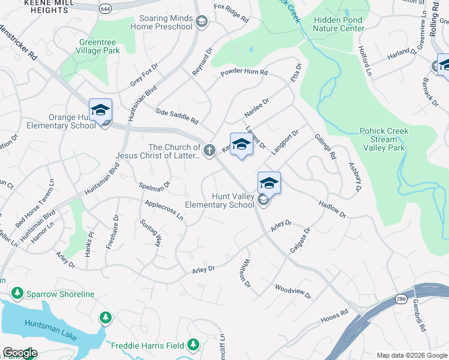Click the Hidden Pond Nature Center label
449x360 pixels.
[339, 24]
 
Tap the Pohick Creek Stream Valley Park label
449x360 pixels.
[384, 139]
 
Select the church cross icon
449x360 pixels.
[209, 151]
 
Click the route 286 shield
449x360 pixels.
[400, 298]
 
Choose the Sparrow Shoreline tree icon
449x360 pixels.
[18, 293]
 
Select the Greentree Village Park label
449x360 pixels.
[100, 46]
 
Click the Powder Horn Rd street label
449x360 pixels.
[244, 72]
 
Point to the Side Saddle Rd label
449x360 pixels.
[176, 116]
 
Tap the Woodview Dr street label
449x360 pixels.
[294, 292]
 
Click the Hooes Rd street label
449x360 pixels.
[335, 314]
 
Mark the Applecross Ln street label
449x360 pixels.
[164, 209]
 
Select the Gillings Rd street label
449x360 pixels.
[325, 146]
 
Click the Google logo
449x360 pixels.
[19, 353]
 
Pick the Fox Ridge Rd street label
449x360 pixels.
[231, 13]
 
